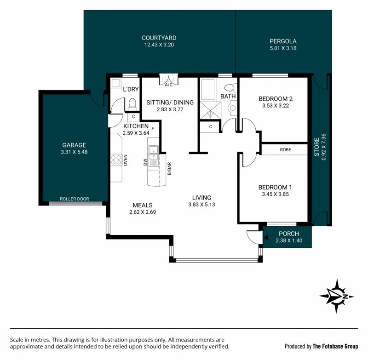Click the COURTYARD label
[159, 38]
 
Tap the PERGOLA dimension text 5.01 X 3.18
[283, 48]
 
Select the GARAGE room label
[74, 145]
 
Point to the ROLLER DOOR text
[75, 199]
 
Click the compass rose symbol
[337, 296]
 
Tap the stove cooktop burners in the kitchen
[116, 160]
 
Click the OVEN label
[126, 160]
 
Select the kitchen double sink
[153, 153]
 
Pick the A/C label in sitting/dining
[168, 85]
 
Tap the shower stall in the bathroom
[210, 110]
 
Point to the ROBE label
[285, 149]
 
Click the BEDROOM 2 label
[276, 99]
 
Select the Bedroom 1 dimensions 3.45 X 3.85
[275, 194]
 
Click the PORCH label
[289, 234]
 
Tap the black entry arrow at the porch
[266, 237]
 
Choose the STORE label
[317, 147]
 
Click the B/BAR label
[169, 169]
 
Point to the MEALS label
[143, 205]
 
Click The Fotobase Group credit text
[335, 346]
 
